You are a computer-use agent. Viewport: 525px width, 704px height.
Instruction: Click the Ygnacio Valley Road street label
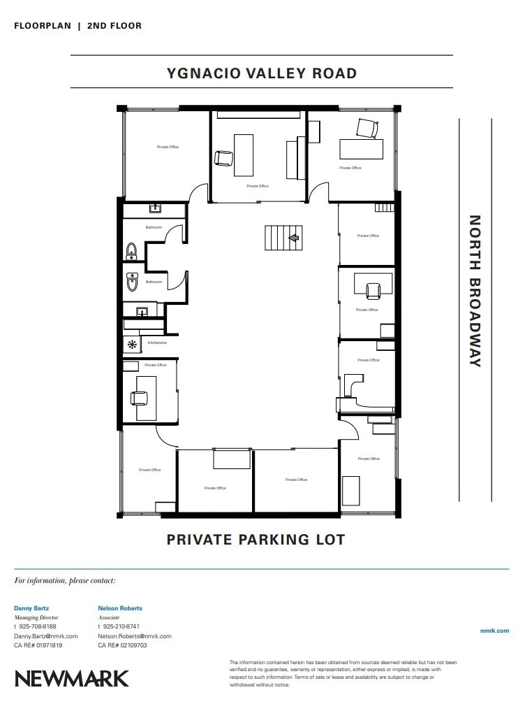[x=262, y=73]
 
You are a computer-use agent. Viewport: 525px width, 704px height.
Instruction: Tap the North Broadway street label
[x=475, y=290]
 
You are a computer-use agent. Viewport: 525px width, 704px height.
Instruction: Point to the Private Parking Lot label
[x=256, y=540]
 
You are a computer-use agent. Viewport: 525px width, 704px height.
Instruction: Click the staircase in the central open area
[x=283, y=238]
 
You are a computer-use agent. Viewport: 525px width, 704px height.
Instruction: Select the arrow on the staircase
[x=294, y=238]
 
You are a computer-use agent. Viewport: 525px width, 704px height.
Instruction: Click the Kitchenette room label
[x=157, y=343]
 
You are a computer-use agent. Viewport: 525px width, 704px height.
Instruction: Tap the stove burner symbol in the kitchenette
[x=131, y=343]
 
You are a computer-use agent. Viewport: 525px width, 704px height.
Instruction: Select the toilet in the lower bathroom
[x=133, y=281]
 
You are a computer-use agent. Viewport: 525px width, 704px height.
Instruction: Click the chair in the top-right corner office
[x=367, y=128]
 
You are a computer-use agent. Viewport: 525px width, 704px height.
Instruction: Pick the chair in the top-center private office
[x=223, y=158]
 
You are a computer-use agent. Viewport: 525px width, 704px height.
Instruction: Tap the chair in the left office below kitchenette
[x=139, y=398]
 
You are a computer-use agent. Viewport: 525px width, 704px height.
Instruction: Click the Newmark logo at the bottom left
[x=72, y=678]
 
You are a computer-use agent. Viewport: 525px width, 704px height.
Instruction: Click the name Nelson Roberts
[x=120, y=608]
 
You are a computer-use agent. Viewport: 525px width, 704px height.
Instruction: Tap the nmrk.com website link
[x=495, y=631]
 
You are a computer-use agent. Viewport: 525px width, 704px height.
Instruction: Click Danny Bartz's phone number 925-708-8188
[x=38, y=626]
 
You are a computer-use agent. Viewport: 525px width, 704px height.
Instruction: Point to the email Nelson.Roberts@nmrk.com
[x=135, y=636]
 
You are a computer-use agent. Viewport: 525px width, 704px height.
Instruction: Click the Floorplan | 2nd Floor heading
[x=77, y=26]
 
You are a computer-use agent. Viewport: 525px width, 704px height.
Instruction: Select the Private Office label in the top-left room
[x=168, y=147]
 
